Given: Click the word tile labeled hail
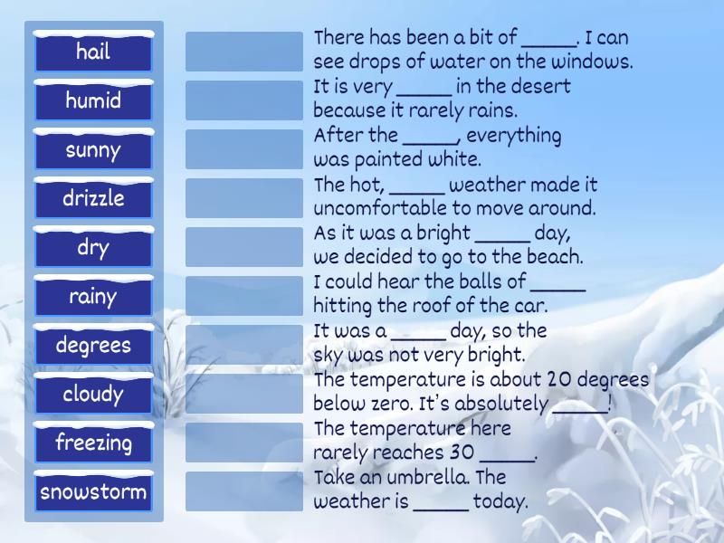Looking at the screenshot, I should tap(93, 52).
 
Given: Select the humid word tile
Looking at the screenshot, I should tap(93, 100).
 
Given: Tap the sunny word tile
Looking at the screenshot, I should tap(93, 149).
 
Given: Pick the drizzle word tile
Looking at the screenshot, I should tap(93, 198).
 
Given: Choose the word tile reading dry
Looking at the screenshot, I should tap(93, 247).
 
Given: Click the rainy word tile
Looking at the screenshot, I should tap(93, 296).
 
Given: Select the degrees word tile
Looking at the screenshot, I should tap(93, 345).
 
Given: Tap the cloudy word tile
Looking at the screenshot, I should tap(93, 394).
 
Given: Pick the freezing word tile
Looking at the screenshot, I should tap(93, 443).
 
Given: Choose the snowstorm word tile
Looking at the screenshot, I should tap(93, 492).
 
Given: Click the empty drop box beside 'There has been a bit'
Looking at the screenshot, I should tap(244, 52).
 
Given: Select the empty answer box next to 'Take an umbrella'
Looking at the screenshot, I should tap(244, 491).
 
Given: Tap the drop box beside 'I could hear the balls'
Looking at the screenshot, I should tap(244, 296).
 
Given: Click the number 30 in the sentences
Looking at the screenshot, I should tap(461, 452).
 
